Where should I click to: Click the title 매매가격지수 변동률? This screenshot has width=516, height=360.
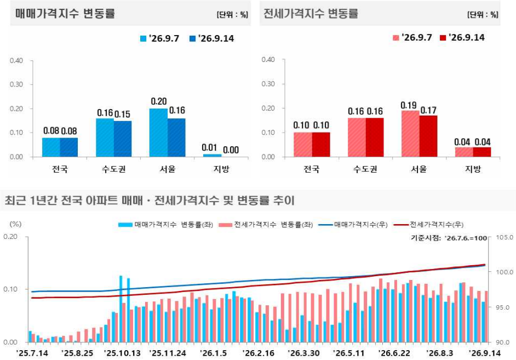(65, 14)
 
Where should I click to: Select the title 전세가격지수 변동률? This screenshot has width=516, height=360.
(311, 14)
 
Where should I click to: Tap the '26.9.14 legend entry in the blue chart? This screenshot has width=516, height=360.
(211, 38)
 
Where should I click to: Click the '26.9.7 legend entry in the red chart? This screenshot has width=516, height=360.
(412, 37)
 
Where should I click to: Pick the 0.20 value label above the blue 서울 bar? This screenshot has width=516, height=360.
(159, 101)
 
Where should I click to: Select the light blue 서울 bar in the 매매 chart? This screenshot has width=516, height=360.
(158, 133)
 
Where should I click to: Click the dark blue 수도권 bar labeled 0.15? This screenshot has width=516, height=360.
(123, 139)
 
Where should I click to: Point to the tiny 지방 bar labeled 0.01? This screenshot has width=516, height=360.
(212, 155)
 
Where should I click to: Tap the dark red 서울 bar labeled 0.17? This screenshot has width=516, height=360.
(428, 136)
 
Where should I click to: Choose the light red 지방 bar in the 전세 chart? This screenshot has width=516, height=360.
(464, 152)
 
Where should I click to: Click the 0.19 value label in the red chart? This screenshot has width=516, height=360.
(409, 105)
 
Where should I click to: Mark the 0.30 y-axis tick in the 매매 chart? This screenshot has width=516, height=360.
(16, 84)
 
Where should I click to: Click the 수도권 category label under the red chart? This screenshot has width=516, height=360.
(365, 169)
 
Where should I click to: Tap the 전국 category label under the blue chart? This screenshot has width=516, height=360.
(60, 169)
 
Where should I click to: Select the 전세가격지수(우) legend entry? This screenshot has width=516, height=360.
(428, 225)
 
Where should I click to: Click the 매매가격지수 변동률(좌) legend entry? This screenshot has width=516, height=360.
(166, 225)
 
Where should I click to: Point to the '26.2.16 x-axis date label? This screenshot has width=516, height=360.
(259, 353)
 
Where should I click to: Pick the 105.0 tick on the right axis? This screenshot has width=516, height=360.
(504, 237)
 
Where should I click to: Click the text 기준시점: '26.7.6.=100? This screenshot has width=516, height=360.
(449, 238)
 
